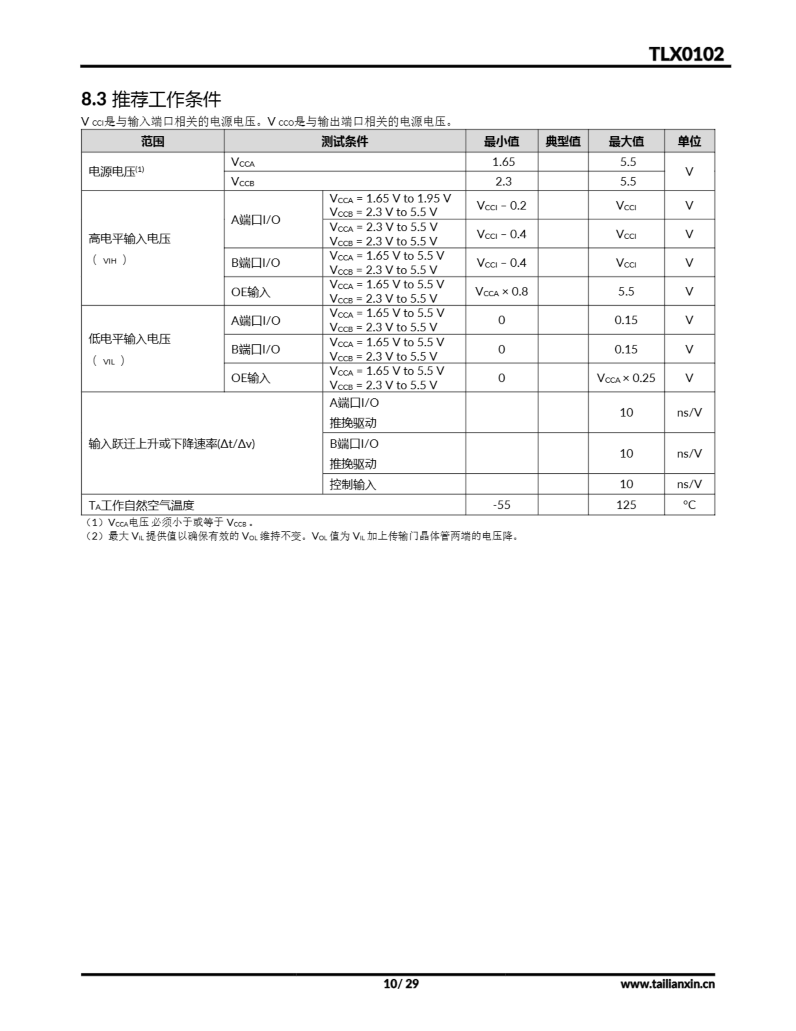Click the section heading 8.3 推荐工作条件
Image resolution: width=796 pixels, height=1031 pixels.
pos(151,99)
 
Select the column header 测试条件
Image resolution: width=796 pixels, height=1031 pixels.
pos(344,141)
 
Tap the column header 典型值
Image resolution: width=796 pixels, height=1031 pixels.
pos(563,141)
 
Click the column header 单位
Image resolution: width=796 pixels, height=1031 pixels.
pos(689,141)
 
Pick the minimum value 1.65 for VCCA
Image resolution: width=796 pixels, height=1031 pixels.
pos(503,162)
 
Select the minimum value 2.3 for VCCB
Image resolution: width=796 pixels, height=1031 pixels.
pos(503,181)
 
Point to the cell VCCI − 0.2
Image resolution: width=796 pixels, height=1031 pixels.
pos(501,205)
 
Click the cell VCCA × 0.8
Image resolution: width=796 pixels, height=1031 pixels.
pos(501,291)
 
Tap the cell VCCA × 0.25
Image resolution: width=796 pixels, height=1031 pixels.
pos(626,378)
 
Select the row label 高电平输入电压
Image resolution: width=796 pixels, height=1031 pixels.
pos(129,239)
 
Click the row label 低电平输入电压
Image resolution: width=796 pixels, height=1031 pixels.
pos(129,339)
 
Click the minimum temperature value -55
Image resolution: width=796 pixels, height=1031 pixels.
pos(501,505)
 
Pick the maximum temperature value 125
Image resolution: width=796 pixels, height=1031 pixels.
pos(626,505)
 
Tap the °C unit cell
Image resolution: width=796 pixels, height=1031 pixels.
pos(689,505)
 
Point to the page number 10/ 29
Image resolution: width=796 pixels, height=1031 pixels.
pos(400,983)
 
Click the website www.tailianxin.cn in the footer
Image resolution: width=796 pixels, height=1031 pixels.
pos(667,984)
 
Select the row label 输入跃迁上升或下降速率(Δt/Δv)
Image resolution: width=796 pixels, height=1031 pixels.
pos(172,444)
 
